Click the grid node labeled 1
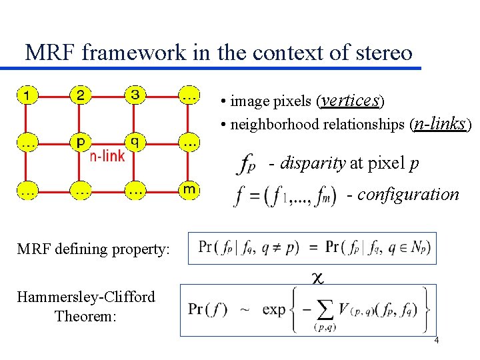pos(26,96)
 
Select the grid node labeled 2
pos(81,96)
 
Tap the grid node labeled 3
pos(135,96)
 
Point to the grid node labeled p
pos(81,143)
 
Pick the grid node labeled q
pos(135,141)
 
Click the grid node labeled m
pos(189,189)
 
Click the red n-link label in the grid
pos(107,157)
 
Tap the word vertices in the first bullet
pos(351,100)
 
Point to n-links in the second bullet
pos(439,123)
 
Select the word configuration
pos(408,195)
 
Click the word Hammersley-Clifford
pos(86,297)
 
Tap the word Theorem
pos(86,315)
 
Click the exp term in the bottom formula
pos(274,309)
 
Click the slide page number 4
pos(437,341)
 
